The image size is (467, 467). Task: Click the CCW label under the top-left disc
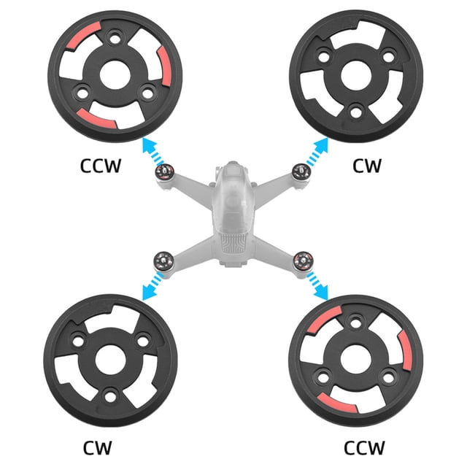click(x=101, y=166)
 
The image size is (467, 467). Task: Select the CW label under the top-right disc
click(x=366, y=166)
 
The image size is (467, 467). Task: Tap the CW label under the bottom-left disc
click(x=97, y=447)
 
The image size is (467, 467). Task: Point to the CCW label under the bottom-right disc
click(x=364, y=447)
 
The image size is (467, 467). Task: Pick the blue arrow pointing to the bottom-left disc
click(x=153, y=286)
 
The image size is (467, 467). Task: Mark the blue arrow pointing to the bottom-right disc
click(x=317, y=285)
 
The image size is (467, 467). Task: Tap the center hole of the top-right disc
click(x=356, y=76)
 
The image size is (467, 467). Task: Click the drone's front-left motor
click(x=164, y=172)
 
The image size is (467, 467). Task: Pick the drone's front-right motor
click(x=301, y=172)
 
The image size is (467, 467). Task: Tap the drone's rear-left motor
click(x=163, y=261)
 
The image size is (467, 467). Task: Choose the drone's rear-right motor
click(x=303, y=261)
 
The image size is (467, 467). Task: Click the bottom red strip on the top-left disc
click(x=96, y=118)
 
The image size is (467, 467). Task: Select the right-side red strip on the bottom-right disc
click(x=406, y=350)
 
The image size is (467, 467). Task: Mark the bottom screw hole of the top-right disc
click(x=355, y=112)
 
